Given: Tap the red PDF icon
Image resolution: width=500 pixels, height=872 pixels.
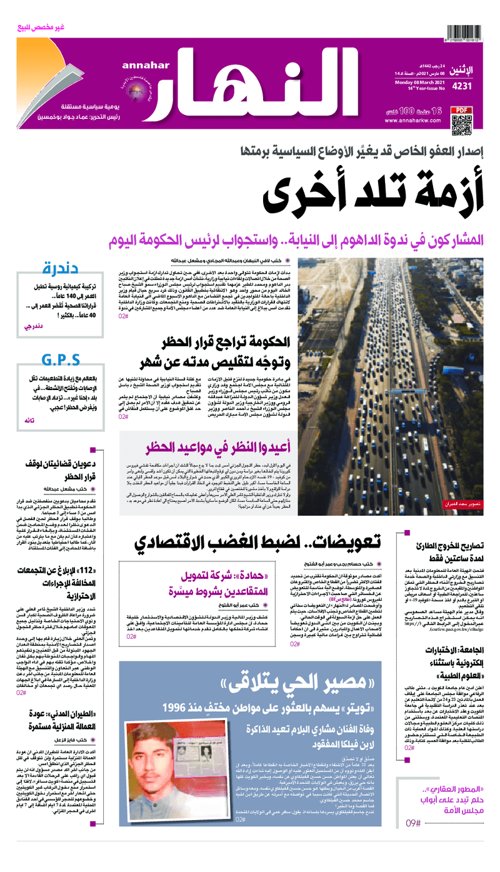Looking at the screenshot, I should pyautogui.click(x=459, y=110).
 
